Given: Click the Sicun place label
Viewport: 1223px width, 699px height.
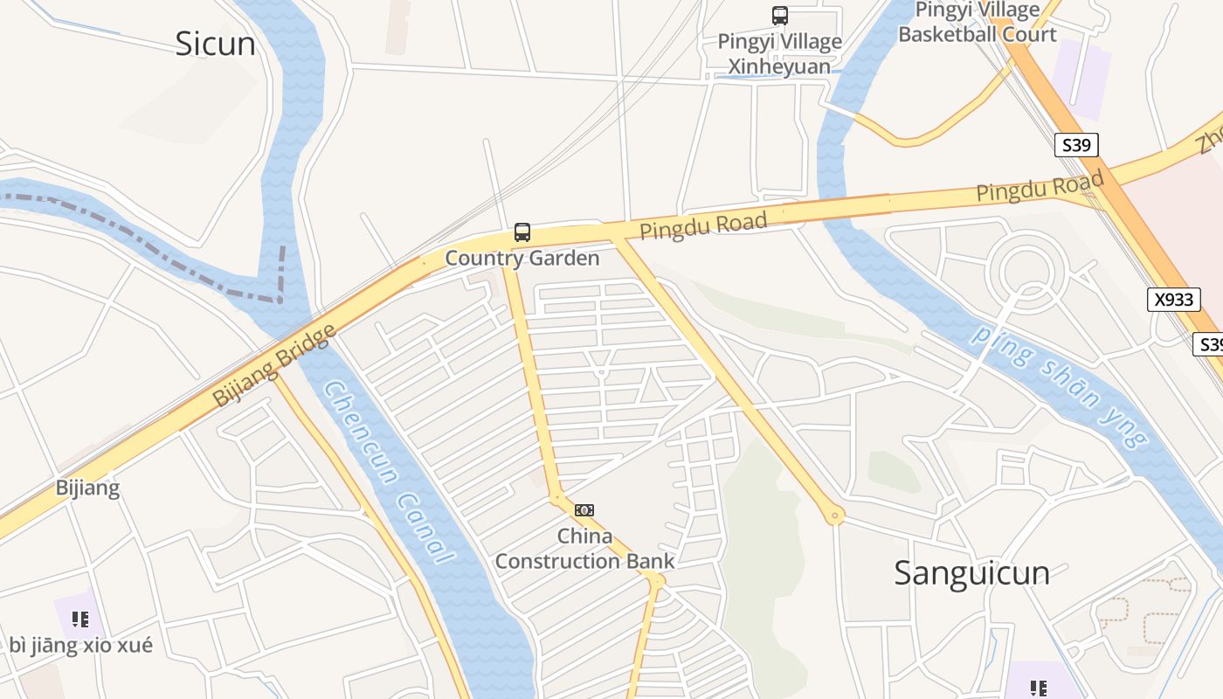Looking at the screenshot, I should [x=215, y=43].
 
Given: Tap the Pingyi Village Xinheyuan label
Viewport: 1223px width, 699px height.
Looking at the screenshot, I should [x=779, y=54].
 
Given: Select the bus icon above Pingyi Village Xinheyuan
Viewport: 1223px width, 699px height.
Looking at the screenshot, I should [x=779, y=16].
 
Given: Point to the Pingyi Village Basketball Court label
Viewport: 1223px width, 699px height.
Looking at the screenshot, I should [x=977, y=23].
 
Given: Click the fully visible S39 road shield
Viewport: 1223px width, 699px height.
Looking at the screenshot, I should [x=1075, y=145].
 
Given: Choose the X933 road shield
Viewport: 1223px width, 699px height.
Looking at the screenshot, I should [x=1173, y=300].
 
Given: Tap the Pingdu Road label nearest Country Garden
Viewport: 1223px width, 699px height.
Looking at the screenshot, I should [x=703, y=225].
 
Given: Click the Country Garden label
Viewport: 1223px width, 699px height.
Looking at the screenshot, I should [x=522, y=258].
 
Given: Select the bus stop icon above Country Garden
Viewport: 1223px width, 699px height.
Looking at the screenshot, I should [x=522, y=232].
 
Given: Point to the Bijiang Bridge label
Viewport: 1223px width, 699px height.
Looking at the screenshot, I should [x=274, y=365].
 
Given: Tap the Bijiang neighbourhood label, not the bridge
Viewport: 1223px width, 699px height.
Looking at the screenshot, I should [x=87, y=488].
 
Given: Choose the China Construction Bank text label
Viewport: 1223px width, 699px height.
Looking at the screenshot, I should [x=584, y=549].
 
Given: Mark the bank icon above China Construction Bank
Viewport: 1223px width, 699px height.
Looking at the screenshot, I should [x=584, y=510].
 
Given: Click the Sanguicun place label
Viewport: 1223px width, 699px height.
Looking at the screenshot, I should [x=971, y=572].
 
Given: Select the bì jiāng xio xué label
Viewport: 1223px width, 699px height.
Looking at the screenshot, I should [x=80, y=645].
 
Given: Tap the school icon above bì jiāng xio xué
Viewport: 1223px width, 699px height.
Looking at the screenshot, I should [x=80, y=619].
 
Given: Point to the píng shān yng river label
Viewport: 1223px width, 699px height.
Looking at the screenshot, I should [x=1060, y=385].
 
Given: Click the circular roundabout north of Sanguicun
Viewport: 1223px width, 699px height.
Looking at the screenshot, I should [x=1026, y=269].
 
